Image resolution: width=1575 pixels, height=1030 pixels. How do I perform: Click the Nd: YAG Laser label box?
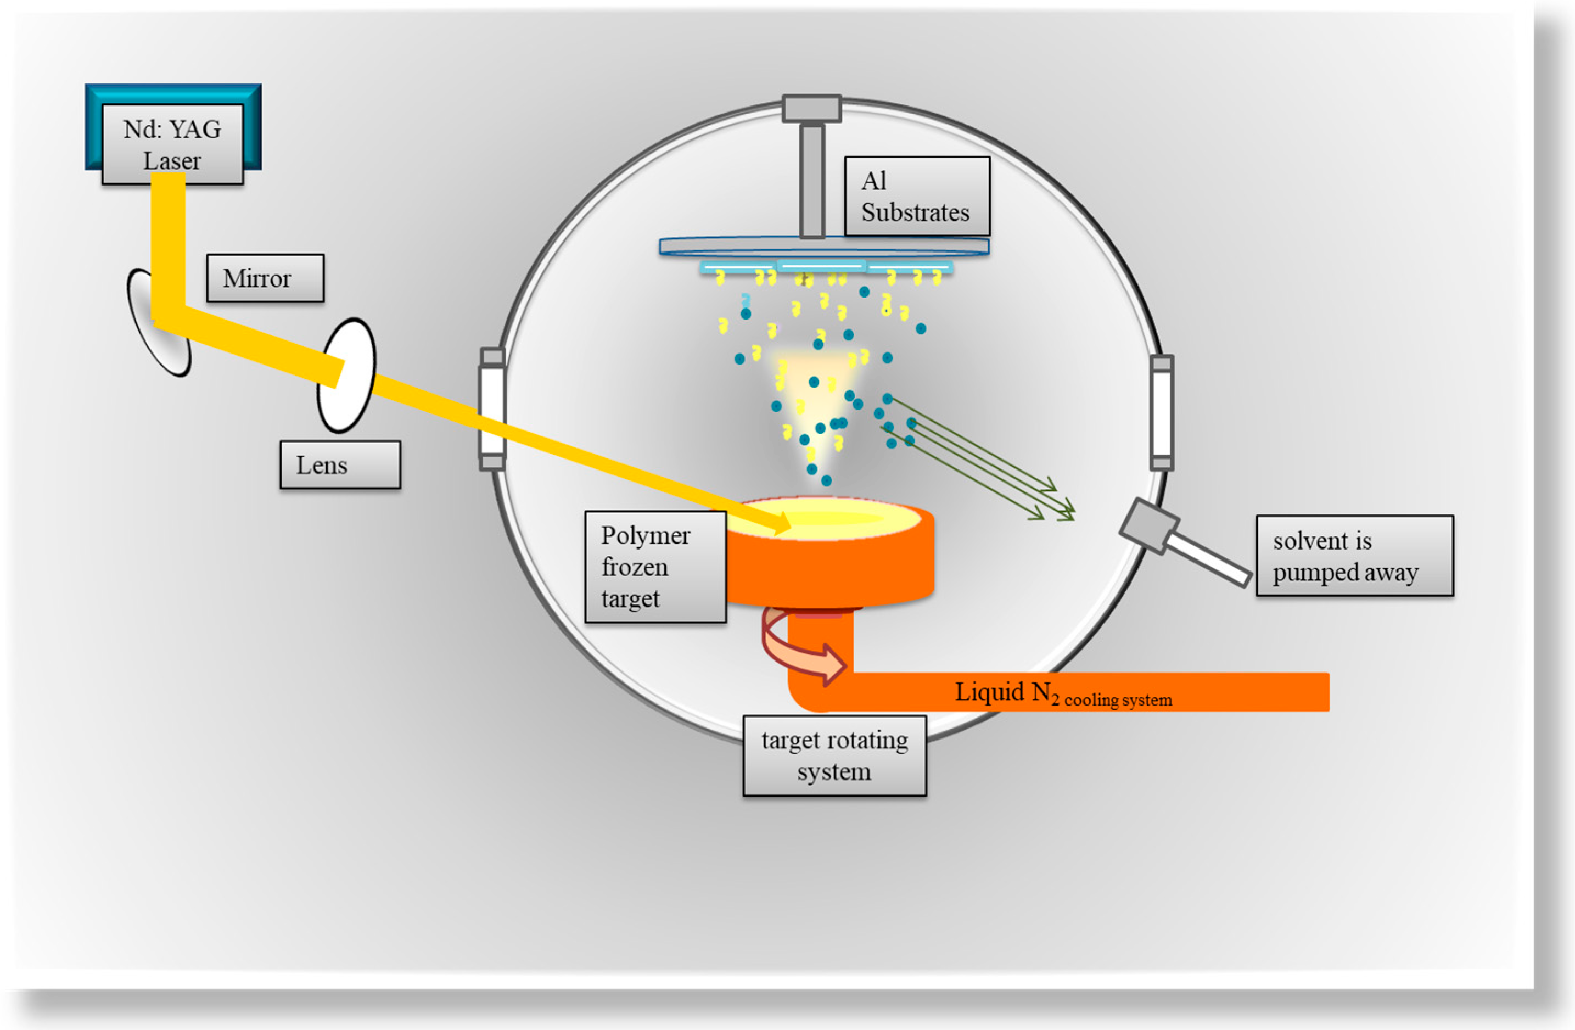pyautogui.click(x=172, y=144)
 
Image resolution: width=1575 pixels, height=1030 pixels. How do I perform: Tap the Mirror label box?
pyautogui.click(x=265, y=278)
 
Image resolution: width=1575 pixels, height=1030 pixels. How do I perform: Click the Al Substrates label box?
pyautogui.click(x=917, y=196)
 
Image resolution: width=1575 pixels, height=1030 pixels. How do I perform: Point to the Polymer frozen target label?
pyautogui.click(x=655, y=567)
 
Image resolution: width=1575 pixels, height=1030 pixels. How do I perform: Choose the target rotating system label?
pyautogui.click(x=834, y=755)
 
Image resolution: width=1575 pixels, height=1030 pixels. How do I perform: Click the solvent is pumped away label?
pyautogui.click(x=1354, y=556)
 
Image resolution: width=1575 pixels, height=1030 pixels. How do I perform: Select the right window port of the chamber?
pyautogui.click(x=1162, y=412)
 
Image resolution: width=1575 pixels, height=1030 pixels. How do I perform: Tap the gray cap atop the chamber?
pyautogui.click(x=811, y=109)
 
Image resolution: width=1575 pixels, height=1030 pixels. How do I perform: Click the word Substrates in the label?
pyautogui.click(x=915, y=212)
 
